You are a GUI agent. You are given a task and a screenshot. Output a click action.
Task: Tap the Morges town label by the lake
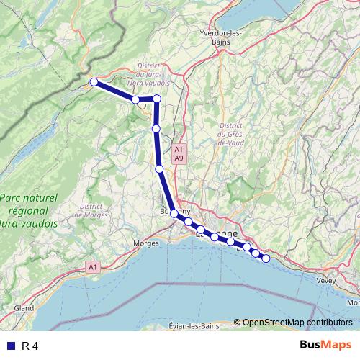pyautogui.click(x=147, y=243)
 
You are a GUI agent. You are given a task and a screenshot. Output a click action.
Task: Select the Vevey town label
pyautogui.click(x=327, y=279)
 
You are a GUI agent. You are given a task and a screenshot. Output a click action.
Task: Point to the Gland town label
pyautogui.click(x=24, y=307)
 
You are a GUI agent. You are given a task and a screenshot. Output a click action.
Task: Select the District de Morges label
pyautogui.click(x=94, y=210)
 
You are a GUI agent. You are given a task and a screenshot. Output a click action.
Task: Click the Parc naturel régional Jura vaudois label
pyautogui.click(x=29, y=210)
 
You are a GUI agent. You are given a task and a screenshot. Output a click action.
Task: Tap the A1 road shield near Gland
pyautogui.click(x=92, y=267)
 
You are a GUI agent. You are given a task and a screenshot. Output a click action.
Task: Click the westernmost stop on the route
pyautogui.click(x=94, y=82)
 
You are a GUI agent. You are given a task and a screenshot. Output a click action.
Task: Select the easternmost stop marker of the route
pyautogui.click(x=266, y=258)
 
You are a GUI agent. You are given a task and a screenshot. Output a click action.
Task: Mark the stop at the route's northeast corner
pyautogui.click(x=156, y=98)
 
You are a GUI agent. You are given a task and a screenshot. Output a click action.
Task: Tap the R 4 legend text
pyautogui.click(x=30, y=346)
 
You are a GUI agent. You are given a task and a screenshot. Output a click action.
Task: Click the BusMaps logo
pyautogui.click(x=325, y=345)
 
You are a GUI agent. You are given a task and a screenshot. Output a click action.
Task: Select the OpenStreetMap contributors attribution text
pyautogui.click(x=297, y=322)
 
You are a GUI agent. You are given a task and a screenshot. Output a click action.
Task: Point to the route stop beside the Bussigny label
pyautogui.click(x=174, y=214)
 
